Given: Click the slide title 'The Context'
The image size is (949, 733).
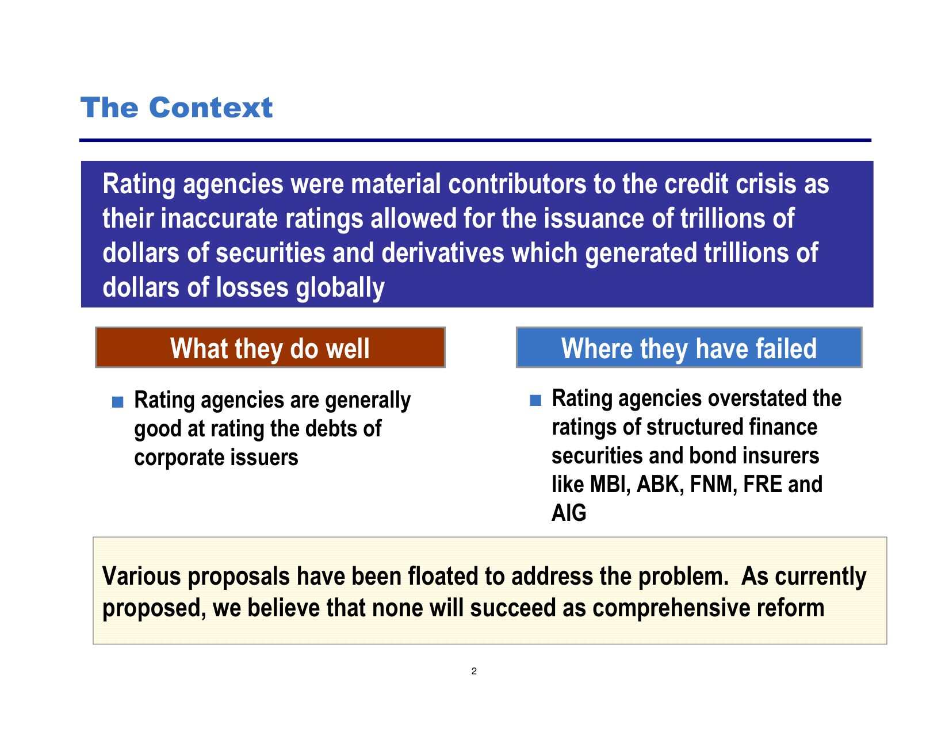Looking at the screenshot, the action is pos(177,108).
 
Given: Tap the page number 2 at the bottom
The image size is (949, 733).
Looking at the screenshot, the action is pos(474,671).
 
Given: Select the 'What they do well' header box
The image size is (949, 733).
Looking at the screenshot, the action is pos(270,347).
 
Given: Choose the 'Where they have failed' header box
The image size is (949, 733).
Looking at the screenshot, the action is pos(688,347).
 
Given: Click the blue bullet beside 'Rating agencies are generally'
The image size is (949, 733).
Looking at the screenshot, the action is pos(117,402).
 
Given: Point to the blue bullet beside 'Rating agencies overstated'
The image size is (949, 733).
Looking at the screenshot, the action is pos(535,400).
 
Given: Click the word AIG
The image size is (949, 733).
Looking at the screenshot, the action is pos(569,513).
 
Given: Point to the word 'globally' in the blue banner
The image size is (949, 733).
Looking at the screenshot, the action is pos(340,288).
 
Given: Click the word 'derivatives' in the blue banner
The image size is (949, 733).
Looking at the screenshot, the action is pos(442,253).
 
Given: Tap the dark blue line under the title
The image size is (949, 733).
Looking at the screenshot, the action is pos(475,140).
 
